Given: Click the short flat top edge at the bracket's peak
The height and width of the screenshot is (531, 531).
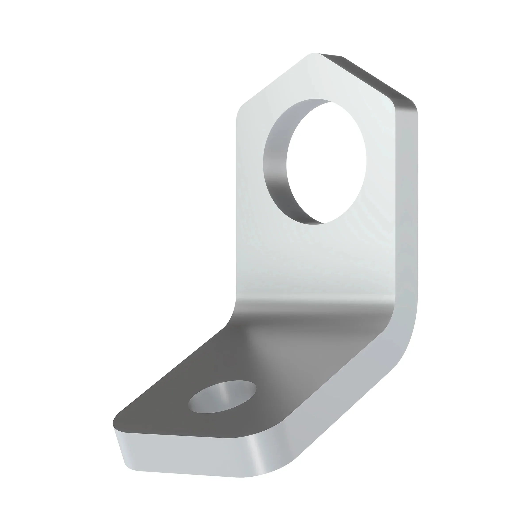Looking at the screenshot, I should [330, 54].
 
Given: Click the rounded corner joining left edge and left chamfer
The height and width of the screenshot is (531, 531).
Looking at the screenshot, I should [239, 110].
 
